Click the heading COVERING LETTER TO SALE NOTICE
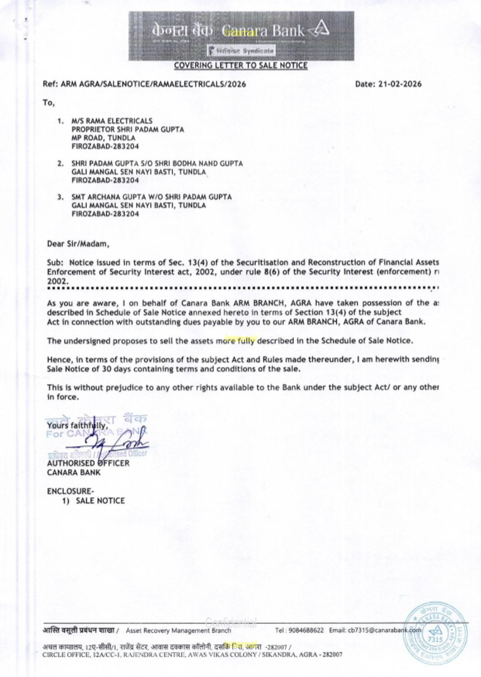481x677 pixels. pyautogui.click(x=240, y=65)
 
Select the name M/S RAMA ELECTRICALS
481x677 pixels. pyautogui.click(x=112, y=121)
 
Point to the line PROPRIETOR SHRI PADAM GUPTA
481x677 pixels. pyautogui.click(x=127, y=129)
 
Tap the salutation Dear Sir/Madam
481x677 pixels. pyautogui.click(x=78, y=243)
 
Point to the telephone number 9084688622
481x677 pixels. pyautogui.click(x=306, y=630)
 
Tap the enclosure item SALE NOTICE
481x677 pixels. pyautogui.click(x=100, y=500)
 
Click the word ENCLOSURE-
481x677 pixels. pyautogui.click(x=70, y=491)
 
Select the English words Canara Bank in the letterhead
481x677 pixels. pyautogui.click(x=265, y=31)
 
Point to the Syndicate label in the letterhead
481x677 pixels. pyautogui.click(x=258, y=51)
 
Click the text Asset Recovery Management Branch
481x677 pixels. pyautogui.click(x=178, y=630)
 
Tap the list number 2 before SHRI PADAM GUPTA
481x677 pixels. pyautogui.click(x=60, y=164)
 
